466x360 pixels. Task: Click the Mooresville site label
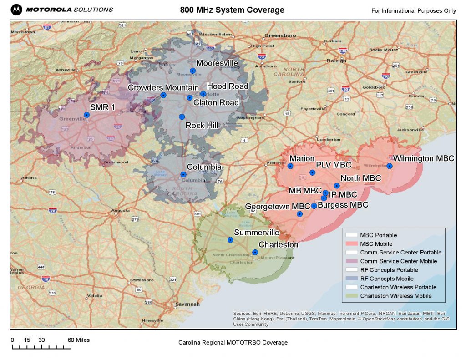coord(217,63)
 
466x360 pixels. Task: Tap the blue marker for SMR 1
coord(86,115)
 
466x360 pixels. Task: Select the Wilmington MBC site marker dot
coord(390,166)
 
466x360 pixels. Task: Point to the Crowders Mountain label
coord(163,87)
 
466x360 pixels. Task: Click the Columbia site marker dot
coord(183,174)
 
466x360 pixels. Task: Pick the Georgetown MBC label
coord(278,206)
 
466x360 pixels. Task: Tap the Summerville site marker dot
coord(230,240)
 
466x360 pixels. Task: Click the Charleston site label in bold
coord(279,244)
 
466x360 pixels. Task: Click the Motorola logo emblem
coord(16,9)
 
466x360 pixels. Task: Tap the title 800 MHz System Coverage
coord(232,10)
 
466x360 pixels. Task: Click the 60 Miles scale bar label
coord(79,340)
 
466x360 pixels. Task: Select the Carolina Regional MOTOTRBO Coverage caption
coord(233,343)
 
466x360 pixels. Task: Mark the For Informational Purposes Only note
coord(413,11)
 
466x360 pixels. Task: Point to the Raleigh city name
coord(336,60)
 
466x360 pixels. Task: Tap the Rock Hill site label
coord(202,125)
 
